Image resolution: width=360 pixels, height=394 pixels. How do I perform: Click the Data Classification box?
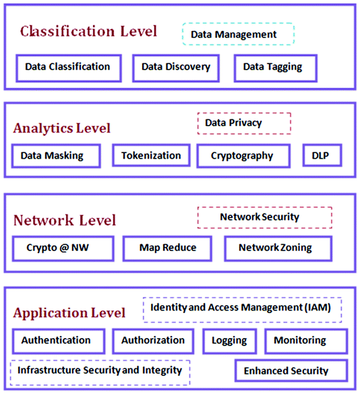[67, 67]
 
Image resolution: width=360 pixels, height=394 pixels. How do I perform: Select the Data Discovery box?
[176, 67]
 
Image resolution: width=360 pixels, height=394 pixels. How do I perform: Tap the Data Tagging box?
[272, 67]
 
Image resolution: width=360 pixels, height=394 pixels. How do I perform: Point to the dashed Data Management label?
[238, 34]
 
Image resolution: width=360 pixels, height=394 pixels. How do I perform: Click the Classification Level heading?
[88, 31]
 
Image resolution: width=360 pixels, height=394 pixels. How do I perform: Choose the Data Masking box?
[55, 156]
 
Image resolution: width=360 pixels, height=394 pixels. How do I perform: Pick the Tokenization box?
[151, 156]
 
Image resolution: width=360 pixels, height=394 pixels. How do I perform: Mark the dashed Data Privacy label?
[243, 123]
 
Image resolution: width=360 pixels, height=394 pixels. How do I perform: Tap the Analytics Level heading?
[62, 128]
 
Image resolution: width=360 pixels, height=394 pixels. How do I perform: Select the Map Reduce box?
[168, 248]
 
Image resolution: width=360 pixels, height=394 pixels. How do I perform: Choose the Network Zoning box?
[277, 248]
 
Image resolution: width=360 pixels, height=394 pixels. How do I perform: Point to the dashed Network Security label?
[264, 217]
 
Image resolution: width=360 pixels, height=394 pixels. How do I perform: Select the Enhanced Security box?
[291, 370]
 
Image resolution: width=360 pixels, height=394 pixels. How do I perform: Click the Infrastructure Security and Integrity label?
[100, 370]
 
